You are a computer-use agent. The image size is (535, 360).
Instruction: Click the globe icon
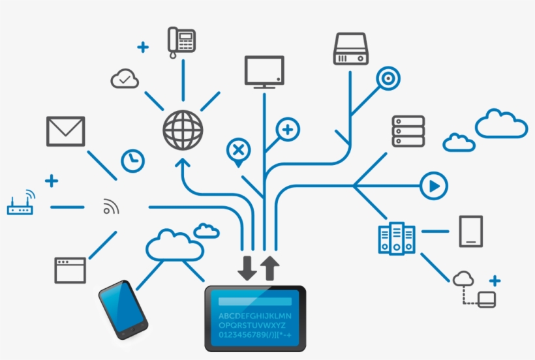pos(183,130)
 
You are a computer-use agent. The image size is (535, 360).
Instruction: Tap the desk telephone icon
pos(181,42)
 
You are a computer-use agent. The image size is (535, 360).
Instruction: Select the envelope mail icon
pos(65,131)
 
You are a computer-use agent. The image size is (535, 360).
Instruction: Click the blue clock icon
pos(132,160)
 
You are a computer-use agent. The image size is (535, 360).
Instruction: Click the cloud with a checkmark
pos(125,79)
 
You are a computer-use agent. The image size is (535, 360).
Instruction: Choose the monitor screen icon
pos(264,72)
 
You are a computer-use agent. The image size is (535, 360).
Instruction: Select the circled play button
pos(434,186)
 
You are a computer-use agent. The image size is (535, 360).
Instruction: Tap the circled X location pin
pos(239,151)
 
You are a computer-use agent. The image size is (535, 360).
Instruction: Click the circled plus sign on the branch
pos(288,130)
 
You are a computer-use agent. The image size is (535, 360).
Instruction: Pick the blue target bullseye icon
pos(388,78)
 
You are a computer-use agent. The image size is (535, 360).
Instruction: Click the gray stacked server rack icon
pos(408,131)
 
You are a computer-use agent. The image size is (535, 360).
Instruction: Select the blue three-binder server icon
pos(397,238)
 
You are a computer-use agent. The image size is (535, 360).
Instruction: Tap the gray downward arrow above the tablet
pos(247,268)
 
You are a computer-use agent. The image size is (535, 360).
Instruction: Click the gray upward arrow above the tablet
pos(270,268)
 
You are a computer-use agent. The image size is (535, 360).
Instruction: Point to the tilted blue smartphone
pos(123,310)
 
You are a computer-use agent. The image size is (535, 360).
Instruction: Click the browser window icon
pos(70,271)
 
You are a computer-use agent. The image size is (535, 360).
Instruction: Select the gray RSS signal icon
pos(111,206)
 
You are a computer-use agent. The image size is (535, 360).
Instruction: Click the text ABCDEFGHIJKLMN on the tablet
pos(255,316)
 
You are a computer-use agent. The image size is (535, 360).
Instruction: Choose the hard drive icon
pos(351,49)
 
